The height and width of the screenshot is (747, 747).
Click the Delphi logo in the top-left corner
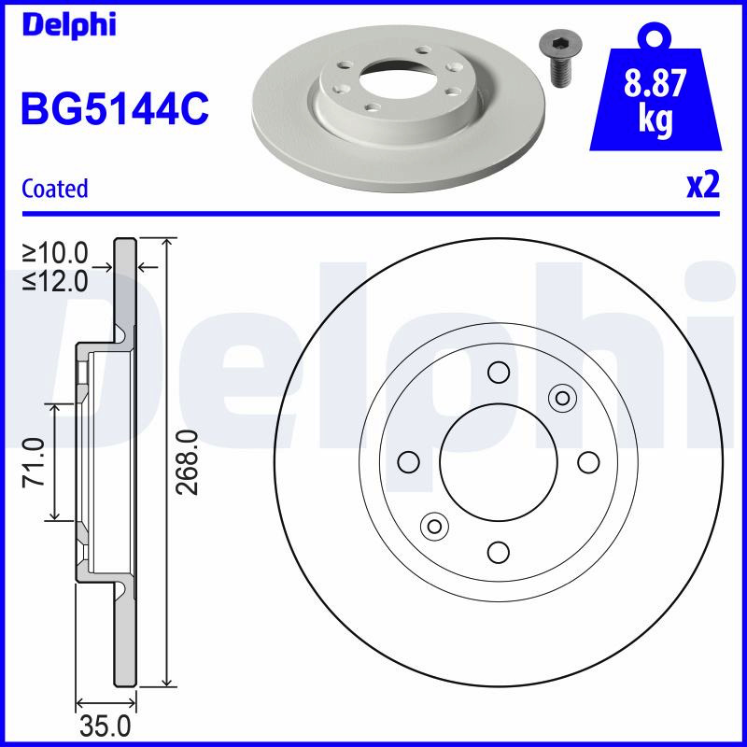pos(69,25)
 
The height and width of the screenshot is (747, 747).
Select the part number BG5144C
pos(115,108)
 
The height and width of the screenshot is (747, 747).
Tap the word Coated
pos(55,189)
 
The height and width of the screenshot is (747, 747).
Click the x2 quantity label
pos(703,185)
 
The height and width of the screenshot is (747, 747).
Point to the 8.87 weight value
pos(655,82)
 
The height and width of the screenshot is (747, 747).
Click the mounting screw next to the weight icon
pos(557,60)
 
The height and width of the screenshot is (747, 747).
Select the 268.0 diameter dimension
pos(186,462)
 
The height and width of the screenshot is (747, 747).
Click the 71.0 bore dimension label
pos(34,462)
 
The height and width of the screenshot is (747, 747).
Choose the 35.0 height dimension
pos(106,727)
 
